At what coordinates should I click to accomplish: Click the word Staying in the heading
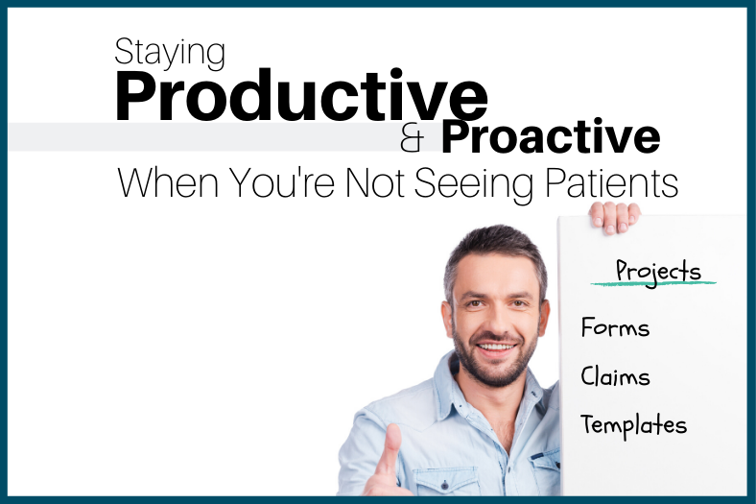[x=169, y=54]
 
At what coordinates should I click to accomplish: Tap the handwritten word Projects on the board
[x=658, y=271]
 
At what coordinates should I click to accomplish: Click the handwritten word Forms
[x=615, y=328]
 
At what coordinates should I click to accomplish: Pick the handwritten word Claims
[x=615, y=376]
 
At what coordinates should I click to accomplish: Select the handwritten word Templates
[x=633, y=424]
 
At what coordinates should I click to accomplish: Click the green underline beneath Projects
[x=653, y=284]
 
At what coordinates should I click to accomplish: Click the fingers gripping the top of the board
[x=614, y=216]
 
